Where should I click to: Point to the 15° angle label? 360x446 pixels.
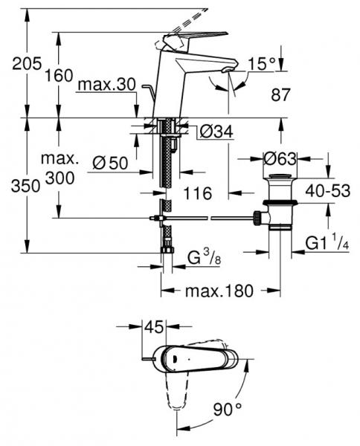coord(262,64)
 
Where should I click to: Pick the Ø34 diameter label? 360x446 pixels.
coord(216,132)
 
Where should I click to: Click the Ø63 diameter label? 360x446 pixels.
coord(281,158)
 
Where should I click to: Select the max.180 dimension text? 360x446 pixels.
coord(221,290)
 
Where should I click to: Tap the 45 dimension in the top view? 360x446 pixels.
coord(155,326)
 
